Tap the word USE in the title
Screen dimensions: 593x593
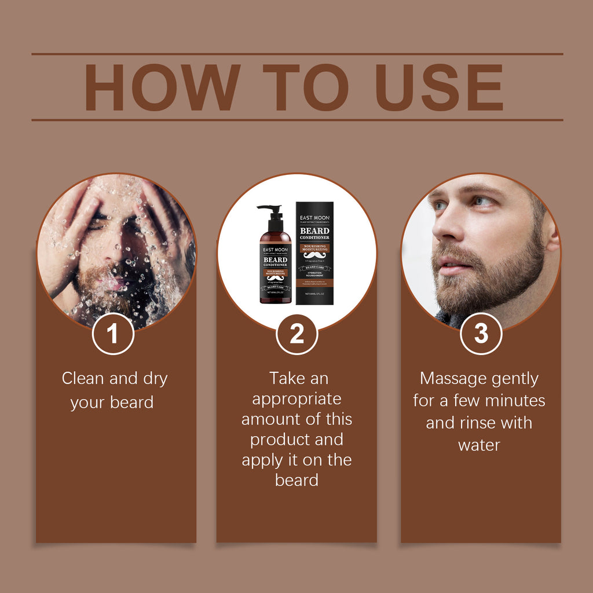tap(439, 87)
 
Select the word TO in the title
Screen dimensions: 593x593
tap(305, 87)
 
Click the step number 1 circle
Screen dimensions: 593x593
tap(113, 334)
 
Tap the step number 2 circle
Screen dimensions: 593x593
tap(296, 334)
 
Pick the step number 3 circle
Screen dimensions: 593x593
tap(481, 334)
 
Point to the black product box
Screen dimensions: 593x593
tap(314, 253)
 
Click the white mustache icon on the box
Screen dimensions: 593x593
tap(314, 255)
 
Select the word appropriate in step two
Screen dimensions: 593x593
tap(296, 399)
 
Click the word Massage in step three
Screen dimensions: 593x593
tap(449, 379)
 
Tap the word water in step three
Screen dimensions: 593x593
tap(479, 445)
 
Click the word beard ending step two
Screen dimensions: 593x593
tap(296, 480)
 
